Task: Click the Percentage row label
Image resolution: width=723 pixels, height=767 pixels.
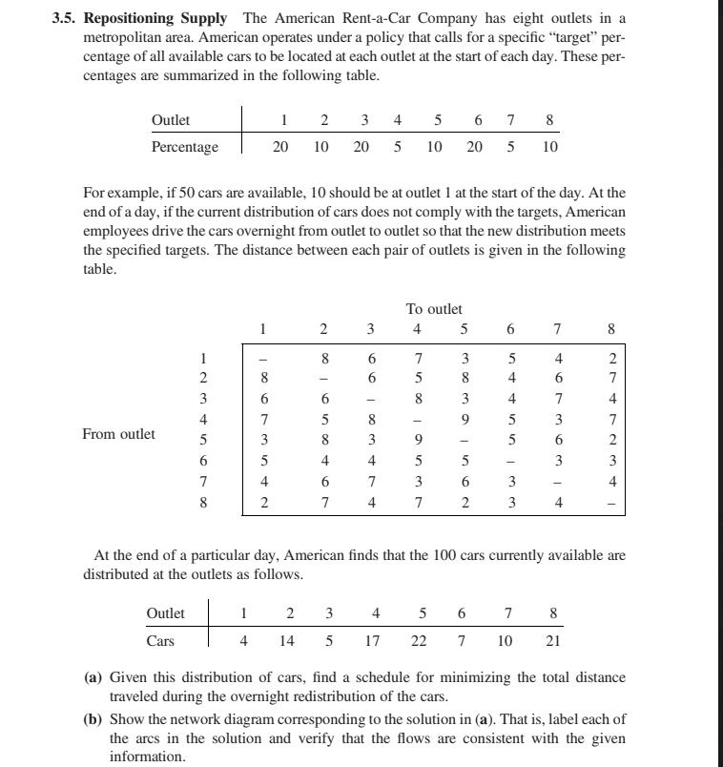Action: pyautogui.click(x=185, y=147)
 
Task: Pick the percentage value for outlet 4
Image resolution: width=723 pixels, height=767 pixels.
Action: pyautogui.click(x=397, y=147)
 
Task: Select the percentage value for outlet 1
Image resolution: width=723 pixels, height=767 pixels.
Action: pyautogui.click(x=281, y=147)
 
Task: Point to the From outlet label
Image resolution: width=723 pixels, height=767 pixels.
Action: pyautogui.click(x=119, y=434)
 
